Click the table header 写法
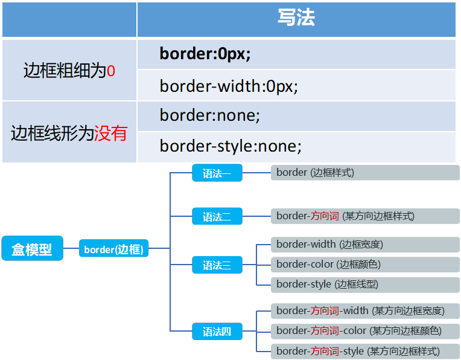tap(296, 19)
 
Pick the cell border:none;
tap(210, 115)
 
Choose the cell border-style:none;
tap(230, 146)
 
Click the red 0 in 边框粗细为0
tap(110, 71)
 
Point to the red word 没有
tap(110, 133)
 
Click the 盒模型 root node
tap(32, 248)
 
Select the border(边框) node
tap(114, 248)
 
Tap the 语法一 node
tap(217, 173)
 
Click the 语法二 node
tap(217, 216)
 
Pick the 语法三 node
tap(217, 265)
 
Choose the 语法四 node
tap(217, 331)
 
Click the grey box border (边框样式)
tap(364, 173)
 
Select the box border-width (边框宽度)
tap(364, 245)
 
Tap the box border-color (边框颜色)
tap(364, 265)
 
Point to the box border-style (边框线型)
tap(364, 284)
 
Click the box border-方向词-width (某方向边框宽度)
tap(364, 311)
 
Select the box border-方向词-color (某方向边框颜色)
tap(364, 331)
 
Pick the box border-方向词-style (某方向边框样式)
tap(364, 351)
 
